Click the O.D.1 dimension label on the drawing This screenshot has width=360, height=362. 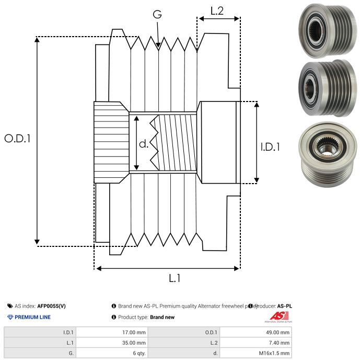tap(18, 139)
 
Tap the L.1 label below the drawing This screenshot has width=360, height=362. tap(175, 278)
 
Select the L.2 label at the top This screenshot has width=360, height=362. tap(217, 10)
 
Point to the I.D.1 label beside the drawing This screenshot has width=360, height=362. tap(270, 148)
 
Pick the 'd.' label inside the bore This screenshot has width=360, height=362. tap(144, 143)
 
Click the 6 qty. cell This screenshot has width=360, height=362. tap(138, 353)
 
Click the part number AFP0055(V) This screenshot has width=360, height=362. tap(52, 306)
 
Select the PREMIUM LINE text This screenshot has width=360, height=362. tap(32, 317)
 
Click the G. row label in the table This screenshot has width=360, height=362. tap(71, 353)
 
